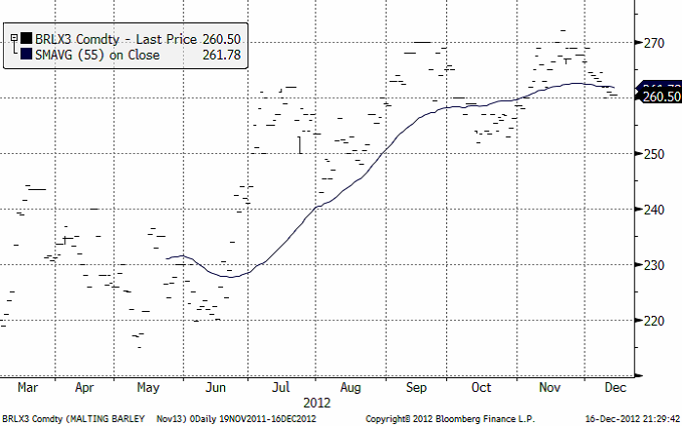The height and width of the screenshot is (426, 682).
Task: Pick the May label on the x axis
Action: (x=148, y=387)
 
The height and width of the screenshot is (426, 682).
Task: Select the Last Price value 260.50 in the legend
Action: (x=221, y=39)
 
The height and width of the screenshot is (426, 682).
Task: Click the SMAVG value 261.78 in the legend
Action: (x=221, y=57)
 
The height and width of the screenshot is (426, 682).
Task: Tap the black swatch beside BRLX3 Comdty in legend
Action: (x=26, y=39)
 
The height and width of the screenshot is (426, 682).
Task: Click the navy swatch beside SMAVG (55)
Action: (x=26, y=57)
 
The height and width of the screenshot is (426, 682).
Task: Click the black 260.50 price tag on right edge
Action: (x=661, y=96)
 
